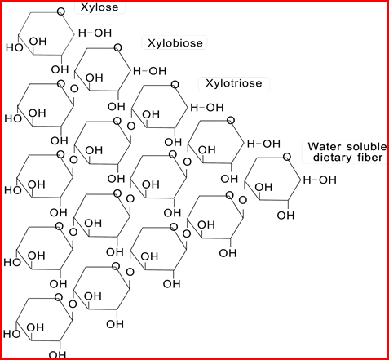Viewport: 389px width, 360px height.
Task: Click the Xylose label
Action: (x=99, y=7)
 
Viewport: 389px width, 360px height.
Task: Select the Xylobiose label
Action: (x=175, y=43)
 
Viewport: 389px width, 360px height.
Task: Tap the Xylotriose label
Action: (x=234, y=83)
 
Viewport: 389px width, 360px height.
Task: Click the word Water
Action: (x=325, y=147)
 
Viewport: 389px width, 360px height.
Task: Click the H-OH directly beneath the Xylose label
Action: (x=95, y=33)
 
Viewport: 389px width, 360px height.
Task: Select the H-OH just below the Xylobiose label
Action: (x=149, y=71)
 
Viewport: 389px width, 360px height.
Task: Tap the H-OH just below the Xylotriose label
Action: (x=207, y=108)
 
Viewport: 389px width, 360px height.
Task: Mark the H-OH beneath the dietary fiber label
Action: (x=320, y=180)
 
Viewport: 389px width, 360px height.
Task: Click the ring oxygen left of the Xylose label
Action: (x=61, y=11)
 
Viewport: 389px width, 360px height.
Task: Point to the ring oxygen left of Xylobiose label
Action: (x=117, y=48)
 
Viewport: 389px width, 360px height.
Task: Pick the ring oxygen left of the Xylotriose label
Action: (x=175, y=85)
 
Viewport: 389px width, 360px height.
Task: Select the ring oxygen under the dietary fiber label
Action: (x=287, y=157)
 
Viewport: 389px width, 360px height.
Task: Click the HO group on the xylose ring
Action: (x=15, y=47)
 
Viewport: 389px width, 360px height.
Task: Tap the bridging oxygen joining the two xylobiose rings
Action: (x=74, y=89)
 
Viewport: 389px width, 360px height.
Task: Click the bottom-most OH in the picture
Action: (x=57, y=355)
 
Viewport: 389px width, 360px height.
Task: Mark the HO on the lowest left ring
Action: (x=12, y=334)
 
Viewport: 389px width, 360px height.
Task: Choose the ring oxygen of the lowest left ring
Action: (x=59, y=297)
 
